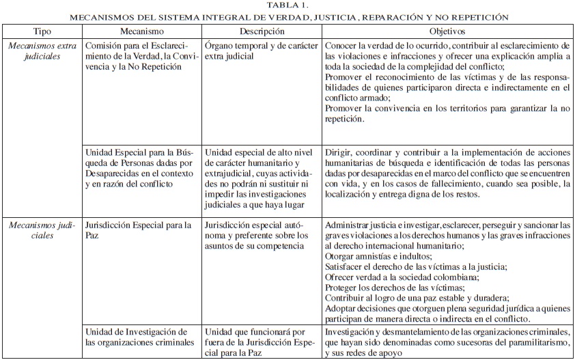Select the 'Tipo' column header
coord(42,32)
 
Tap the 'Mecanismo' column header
coord(141,32)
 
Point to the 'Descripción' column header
coord(261,32)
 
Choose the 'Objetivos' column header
coord(447,32)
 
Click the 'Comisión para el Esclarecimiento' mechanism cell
coord(141,56)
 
